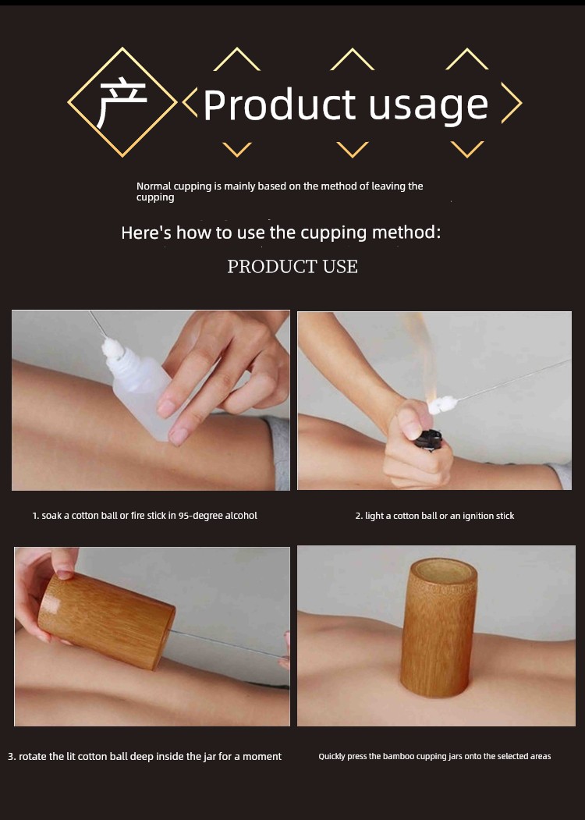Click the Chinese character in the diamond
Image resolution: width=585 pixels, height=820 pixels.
pyautogui.click(x=122, y=102)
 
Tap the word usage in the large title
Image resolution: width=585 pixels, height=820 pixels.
pyautogui.click(x=428, y=107)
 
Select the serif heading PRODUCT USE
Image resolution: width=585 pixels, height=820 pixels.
pyautogui.click(x=292, y=266)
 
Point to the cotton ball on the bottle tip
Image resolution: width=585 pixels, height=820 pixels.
pyautogui.click(x=111, y=347)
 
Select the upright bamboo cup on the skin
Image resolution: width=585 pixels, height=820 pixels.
pyautogui.click(x=440, y=627)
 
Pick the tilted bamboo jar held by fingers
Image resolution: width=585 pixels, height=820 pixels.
pyautogui.click(x=107, y=620)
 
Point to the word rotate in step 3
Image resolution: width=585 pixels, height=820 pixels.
pyautogui.click(x=34, y=756)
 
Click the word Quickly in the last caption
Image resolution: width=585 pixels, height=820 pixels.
pyautogui.click(x=332, y=756)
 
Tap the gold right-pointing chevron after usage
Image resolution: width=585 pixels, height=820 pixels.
pyautogui.click(x=512, y=102)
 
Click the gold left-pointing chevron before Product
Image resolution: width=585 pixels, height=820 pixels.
pyautogui.click(x=190, y=102)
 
